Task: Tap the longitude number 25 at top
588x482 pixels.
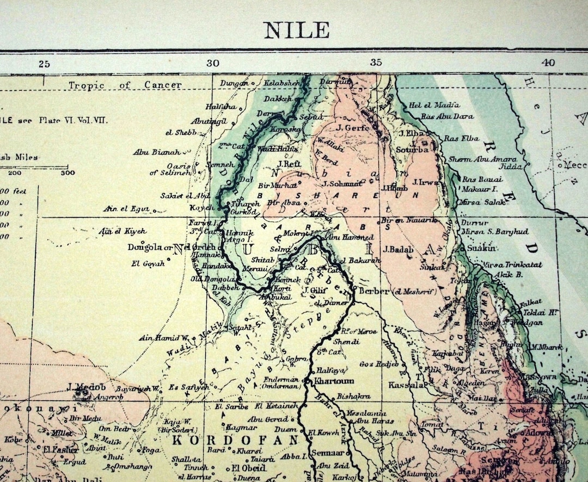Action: click(x=44, y=64)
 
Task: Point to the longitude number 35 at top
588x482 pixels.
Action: click(x=376, y=63)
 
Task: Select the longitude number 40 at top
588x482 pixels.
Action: click(x=548, y=63)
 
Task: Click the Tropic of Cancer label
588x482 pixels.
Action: click(x=125, y=85)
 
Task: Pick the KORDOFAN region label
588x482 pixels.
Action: click(x=235, y=440)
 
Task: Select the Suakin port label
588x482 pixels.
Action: click(x=482, y=248)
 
